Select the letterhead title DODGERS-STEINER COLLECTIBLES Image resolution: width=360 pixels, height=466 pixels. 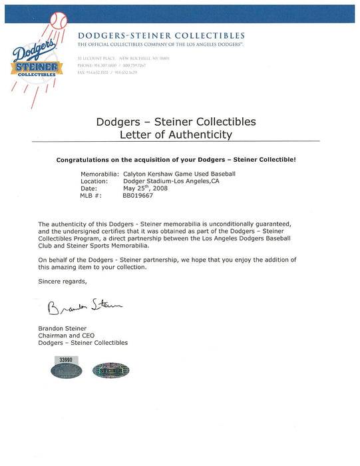(160, 35)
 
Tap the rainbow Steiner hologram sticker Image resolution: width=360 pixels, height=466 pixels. (110, 371)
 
